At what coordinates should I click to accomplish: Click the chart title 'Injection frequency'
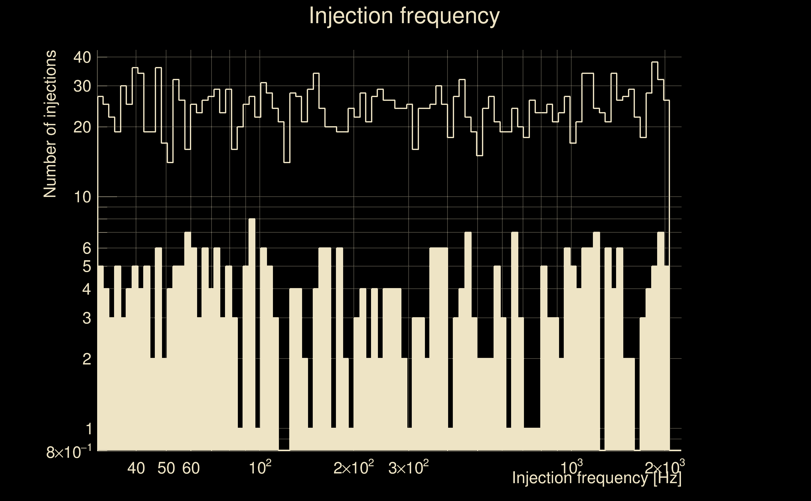(x=404, y=16)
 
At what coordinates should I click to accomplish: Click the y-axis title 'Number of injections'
(x=50, y=124)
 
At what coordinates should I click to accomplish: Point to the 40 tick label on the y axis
(x=82, y=58)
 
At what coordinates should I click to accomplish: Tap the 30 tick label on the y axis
(x=82, y=86)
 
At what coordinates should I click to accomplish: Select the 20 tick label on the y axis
(x=82, y=127)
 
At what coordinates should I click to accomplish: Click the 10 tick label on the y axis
(x=82, y=197)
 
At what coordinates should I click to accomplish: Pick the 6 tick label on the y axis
(x=86, y=248)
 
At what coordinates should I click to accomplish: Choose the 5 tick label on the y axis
(x=86, y=266)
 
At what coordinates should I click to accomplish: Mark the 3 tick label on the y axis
(x=86, y=318)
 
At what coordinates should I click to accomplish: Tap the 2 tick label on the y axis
(x=86, y=359)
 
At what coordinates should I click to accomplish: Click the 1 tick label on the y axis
(x=89, y=429)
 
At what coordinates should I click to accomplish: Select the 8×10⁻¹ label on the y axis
(x=69, y=452)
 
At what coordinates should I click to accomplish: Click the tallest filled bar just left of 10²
(x=252, y=331)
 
